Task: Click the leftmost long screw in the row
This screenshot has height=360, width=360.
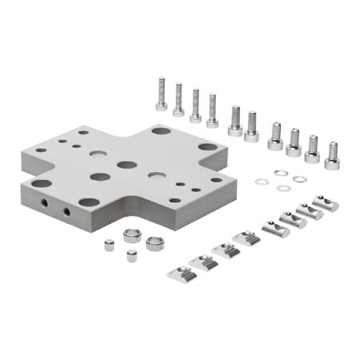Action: [161, 94]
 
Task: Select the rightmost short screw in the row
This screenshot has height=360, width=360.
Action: [332, 153]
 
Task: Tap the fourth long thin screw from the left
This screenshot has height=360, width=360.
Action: [212, 111]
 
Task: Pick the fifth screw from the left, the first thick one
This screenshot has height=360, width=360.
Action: [235, 122]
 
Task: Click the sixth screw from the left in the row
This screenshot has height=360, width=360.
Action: [252, 126]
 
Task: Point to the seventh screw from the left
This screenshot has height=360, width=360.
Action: [276, 136]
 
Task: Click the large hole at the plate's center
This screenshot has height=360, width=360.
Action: [126, 165]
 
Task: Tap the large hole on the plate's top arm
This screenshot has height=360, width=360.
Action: [161, 130]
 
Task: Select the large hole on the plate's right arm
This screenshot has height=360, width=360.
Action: [207, 147]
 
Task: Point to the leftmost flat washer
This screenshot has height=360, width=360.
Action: [262, 182]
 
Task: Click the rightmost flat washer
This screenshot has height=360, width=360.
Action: [299, 179]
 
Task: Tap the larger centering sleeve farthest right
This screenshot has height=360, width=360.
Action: [155, 243]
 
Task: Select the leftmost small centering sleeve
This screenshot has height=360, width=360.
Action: [110, 246]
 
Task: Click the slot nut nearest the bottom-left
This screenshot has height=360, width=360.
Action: [182, 272]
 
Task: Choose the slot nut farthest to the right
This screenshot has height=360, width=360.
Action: [326, 202]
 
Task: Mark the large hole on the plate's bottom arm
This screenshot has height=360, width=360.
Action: [89, 202]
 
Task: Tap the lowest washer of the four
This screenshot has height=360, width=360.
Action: [283, 189]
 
